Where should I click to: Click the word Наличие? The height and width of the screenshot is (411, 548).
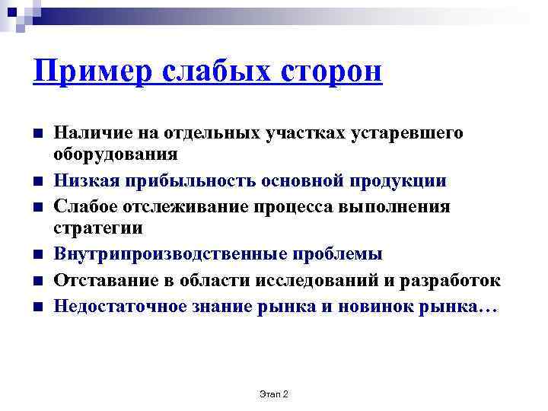tap(88, 133)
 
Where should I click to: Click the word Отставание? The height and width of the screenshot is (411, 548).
tap(101, 280)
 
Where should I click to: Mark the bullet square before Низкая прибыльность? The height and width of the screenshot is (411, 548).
tap(37, 182)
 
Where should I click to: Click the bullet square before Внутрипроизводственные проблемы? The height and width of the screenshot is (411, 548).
tap(37, 255)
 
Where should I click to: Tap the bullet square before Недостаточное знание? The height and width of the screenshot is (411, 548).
tap(37, 307)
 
